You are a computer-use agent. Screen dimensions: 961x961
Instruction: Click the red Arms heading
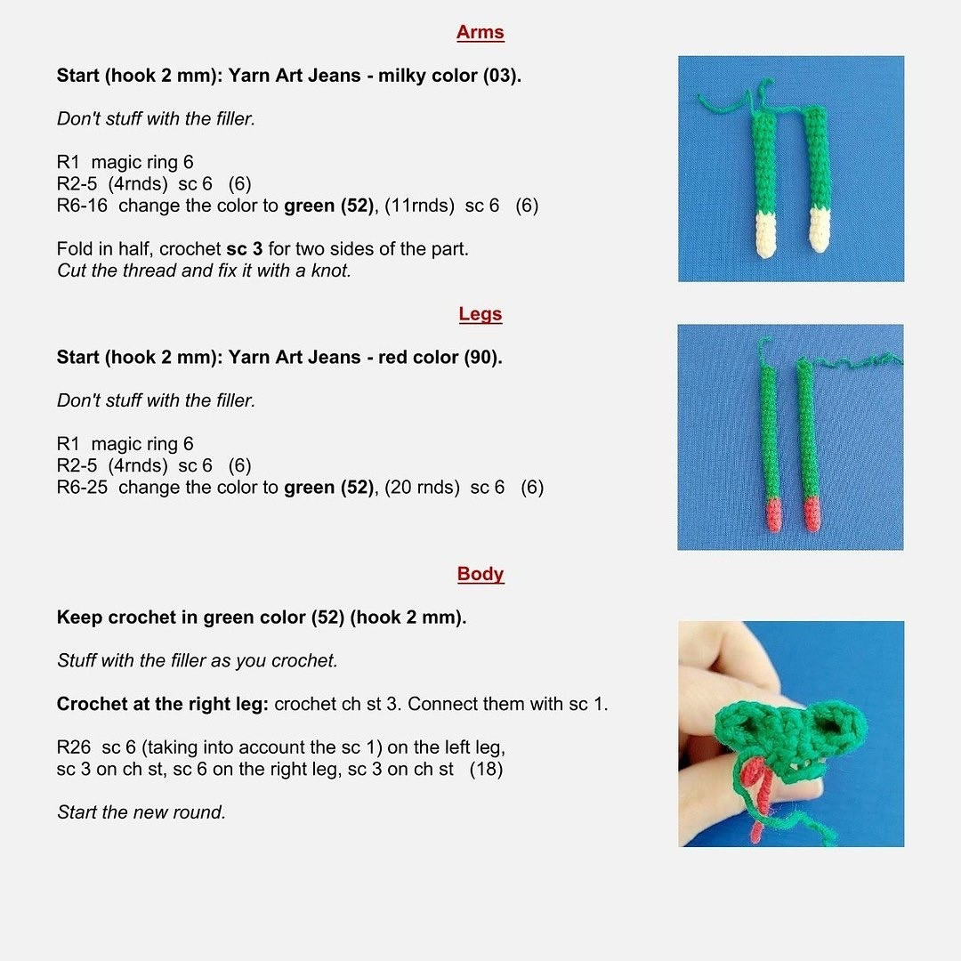(x=480, y=33)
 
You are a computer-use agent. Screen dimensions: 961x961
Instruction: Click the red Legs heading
(x=480, y=314)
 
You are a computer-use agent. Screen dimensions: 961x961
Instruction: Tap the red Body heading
(x=480, y=574)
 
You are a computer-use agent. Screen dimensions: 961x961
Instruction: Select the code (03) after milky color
(x=501, y=76)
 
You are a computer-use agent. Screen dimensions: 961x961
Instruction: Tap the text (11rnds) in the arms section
(x=416, y=206)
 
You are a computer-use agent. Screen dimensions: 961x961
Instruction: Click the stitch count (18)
(x=486, y=770)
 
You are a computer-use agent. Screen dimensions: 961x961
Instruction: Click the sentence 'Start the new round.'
(x=141, y=812)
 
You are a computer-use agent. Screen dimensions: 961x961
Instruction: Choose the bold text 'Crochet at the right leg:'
(x=163, y=705)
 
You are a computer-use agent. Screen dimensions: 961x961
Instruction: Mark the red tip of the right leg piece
(x=811, y=514)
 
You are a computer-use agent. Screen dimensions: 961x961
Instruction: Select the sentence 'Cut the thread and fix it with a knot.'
(x=204, y=271)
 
